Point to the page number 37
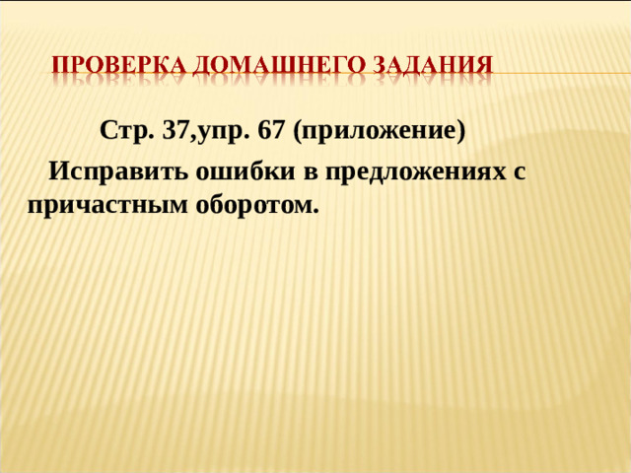click(x=179, y=130)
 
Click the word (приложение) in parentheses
click(x=379, y=131)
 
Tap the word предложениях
click(x=413, y=171)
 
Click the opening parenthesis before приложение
click(x=298, y=131)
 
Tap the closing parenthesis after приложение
click(x=459, y=131)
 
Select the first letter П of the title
click(x=60, y=67)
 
